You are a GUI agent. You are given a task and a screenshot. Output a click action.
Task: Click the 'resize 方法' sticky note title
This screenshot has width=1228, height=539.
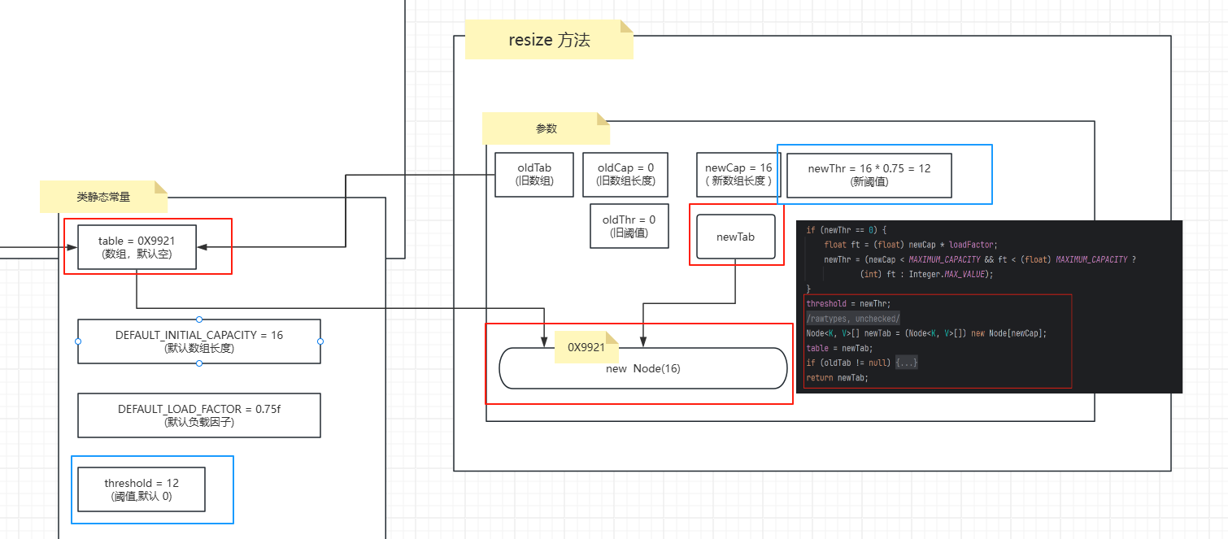click(x=549, y=41)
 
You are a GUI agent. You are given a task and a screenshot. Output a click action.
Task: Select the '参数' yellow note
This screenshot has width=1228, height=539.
click(x=546, y=128)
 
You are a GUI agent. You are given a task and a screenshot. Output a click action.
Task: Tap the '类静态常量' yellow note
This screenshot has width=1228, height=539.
click(x=103, y=197)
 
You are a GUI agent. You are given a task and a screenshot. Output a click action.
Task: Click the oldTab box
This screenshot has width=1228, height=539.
click(x=534, y=175)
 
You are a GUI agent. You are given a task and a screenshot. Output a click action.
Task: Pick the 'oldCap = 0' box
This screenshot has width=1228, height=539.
click(x=625, y=175)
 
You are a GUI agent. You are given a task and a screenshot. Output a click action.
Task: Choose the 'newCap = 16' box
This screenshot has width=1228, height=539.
click(x=738, y=175)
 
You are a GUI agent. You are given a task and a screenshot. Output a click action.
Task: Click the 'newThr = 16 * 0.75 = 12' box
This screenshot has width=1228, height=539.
click(x=869, y=175)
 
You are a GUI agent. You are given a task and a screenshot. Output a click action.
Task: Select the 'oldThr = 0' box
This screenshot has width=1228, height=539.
click(x=629, y=226)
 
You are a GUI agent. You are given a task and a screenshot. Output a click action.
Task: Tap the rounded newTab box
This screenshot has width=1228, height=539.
click(x=736, y=237)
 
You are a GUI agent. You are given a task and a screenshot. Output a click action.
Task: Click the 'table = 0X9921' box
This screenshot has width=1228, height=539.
click(x=137, y=247)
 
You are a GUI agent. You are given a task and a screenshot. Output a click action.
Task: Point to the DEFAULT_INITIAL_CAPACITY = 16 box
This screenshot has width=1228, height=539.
click(x=199, y=341)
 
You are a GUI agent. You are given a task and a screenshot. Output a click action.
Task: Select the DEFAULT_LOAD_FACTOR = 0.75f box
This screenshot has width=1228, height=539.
click(x=199, y=415)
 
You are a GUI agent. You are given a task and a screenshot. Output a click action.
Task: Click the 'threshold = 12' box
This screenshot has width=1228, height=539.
click(x=142, y=489)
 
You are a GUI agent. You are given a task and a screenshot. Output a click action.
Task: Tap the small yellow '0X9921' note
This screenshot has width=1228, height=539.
click(x=586, y=347)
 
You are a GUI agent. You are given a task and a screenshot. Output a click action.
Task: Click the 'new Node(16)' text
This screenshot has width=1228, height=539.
click(x=642, y=369)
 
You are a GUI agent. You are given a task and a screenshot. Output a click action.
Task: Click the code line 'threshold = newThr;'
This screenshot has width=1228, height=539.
click(x=837, y=303)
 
